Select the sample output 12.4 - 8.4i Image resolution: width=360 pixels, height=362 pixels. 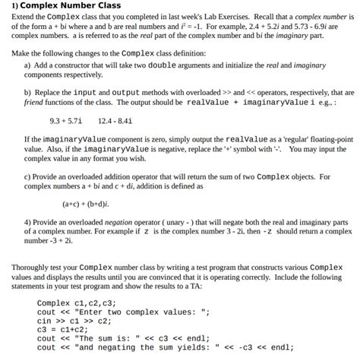[x=115, y=120]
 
